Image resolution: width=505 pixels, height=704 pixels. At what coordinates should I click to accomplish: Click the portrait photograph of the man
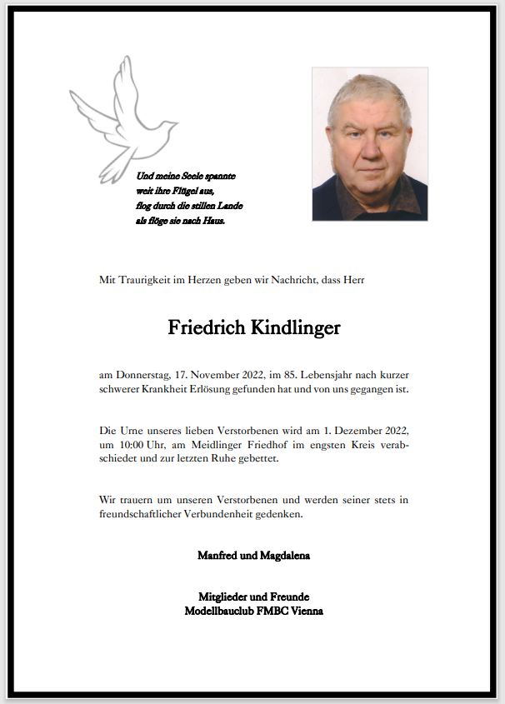(370, 143)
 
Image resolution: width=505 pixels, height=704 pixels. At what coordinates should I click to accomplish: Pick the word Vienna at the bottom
(305, 611)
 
